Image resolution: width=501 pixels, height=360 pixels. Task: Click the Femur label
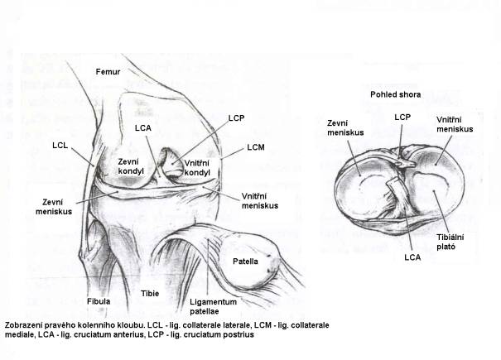tap(108, 71)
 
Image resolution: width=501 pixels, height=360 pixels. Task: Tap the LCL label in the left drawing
tap(60, 146)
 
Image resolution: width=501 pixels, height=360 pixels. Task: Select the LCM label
tap(256, 147)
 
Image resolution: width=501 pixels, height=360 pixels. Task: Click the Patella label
tap(245, 262)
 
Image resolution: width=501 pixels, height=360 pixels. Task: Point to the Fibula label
tap(99, 301)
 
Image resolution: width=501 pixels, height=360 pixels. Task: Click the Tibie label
tap(150, 293)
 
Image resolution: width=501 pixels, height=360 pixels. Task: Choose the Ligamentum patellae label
tap(213, 306)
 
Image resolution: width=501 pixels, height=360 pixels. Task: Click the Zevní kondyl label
tap(131, 166)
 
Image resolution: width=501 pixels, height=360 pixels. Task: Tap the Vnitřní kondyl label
tap(197, 168)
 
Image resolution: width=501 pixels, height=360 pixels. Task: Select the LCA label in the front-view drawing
tap(142, 128)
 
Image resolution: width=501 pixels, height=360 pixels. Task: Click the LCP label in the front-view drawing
tap(237, 118)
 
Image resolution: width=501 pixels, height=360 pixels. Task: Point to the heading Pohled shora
tap(396, 94)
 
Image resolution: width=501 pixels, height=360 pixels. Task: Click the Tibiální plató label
tap(450, 242)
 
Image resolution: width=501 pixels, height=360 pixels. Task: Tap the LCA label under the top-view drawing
tap(412, 257)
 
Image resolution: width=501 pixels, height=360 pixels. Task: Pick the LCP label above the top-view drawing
tap(402, 118)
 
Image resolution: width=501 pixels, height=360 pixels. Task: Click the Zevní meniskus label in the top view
tap(345, 127)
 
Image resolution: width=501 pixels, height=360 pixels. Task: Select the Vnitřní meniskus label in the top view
tap(455, 124)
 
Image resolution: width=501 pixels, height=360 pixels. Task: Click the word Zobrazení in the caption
tap(22, 325)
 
